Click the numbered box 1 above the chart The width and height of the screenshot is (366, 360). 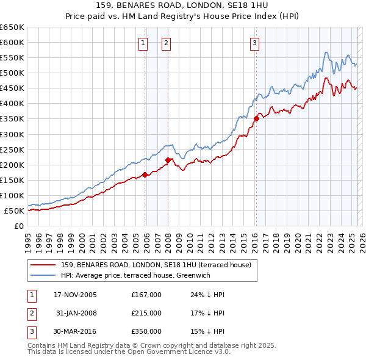(x=142, y=43)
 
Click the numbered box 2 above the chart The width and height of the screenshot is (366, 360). (x=166, y=43)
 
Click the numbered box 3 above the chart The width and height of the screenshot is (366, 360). (x=254, y=43)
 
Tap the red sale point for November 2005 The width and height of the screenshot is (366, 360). (x=145, y=175)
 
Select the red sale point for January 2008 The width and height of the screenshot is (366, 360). (x=168, y=160)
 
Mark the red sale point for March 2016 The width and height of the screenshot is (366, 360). (x=256, y=119)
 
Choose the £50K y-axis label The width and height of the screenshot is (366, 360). (x=14, y=211)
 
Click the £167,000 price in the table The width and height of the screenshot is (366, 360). (x=146, y=295)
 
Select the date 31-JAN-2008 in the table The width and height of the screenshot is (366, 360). (x=76, y=313)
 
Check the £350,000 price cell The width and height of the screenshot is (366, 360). (x=146, y=331)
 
